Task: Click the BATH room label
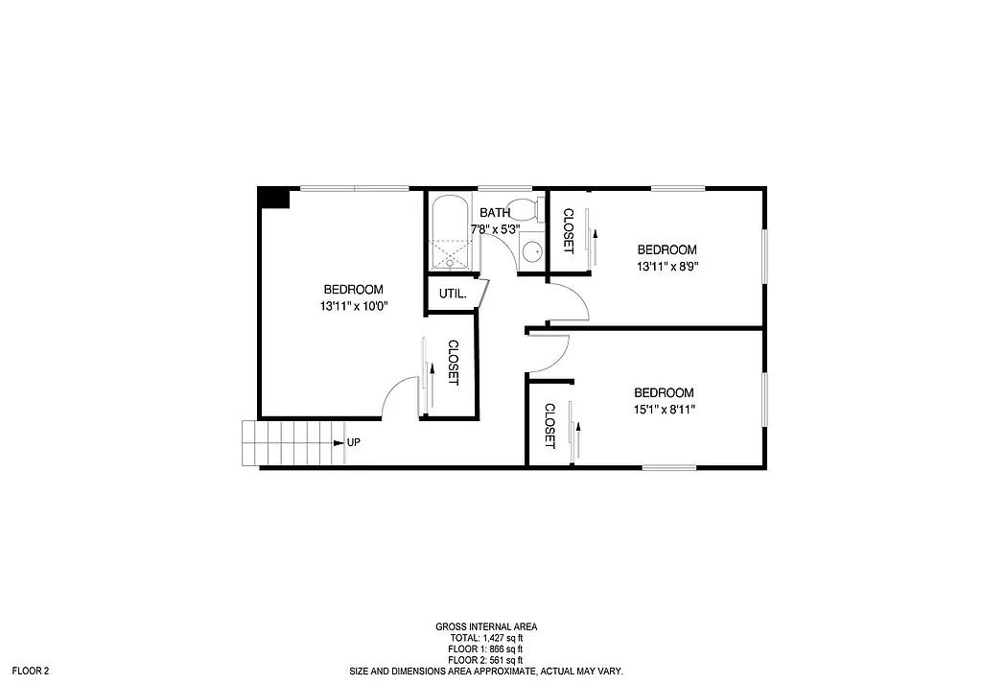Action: [x=495, y=213]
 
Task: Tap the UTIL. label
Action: [x=453, y=294]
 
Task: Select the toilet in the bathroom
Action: [x=524, y=211]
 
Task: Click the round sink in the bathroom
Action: [x=531, y=251]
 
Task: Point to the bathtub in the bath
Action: [x=450, y=233]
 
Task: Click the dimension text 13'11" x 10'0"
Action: [x=353, y=307]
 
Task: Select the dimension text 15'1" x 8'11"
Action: [x=664, y=410]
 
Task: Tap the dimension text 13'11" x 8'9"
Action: [x=667, y=267]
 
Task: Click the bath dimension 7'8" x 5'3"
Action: [x=495, y=230]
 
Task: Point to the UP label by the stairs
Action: [x=353, y=443]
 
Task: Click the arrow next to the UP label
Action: [x=338, y=443]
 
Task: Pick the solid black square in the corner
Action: [x=274, y=197]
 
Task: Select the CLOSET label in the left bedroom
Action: [x=454, y=364]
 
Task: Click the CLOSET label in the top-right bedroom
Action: [x=568, y=231]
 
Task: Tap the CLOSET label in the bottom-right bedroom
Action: [x=550, y=426]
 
